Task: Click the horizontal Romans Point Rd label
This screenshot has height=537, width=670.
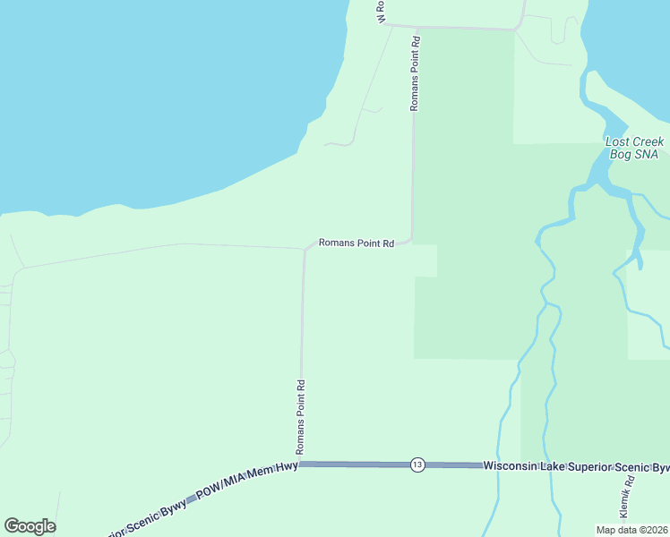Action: click(x=356, y=243)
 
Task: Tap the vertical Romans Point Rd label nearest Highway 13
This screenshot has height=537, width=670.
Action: click(x=302, y=416)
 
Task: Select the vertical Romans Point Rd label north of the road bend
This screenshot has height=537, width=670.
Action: click(x=415, y=73)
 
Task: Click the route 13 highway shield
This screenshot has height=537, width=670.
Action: click(x=417, y=465)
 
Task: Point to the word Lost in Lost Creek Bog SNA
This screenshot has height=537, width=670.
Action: click(x=618, y=142)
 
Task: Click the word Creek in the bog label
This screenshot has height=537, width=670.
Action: click(x=649, y=142)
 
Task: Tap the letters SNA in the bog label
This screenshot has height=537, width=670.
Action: click(x=647, y=155)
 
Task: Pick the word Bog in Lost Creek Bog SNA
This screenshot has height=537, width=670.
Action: click(x=621, y=155)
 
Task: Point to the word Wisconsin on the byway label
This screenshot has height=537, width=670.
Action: click(x=511, y=466)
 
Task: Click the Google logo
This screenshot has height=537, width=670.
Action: click(x=30, y=526)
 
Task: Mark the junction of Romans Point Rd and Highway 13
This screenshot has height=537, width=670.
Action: click(x=301, y=464)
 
